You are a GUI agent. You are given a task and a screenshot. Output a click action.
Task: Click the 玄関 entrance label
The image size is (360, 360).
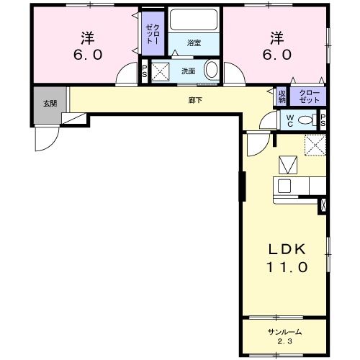pyautogui.click(x=48, y=103)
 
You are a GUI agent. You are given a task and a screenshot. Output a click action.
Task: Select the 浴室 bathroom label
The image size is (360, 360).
pyautogui.click(x=194, y=43)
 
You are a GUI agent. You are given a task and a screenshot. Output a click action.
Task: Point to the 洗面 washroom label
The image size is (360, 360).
pyautogui.click(x=188, y=71)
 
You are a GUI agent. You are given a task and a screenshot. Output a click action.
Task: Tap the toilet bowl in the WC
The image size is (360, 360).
pyautogui.click(x=306, y=120)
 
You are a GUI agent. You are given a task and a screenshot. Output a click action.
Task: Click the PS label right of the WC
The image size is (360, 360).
pyautogui.click(x=323, y=120)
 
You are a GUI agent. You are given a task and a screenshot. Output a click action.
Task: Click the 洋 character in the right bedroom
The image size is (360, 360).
pyautogui.click(x=276, y=36)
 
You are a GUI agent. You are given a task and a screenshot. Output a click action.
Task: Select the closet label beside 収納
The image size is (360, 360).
pyautogui.click(x=308, y=95)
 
